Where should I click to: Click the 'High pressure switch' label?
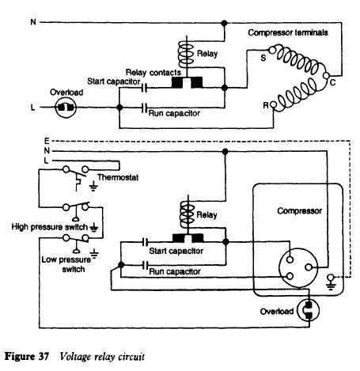(47, 226)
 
